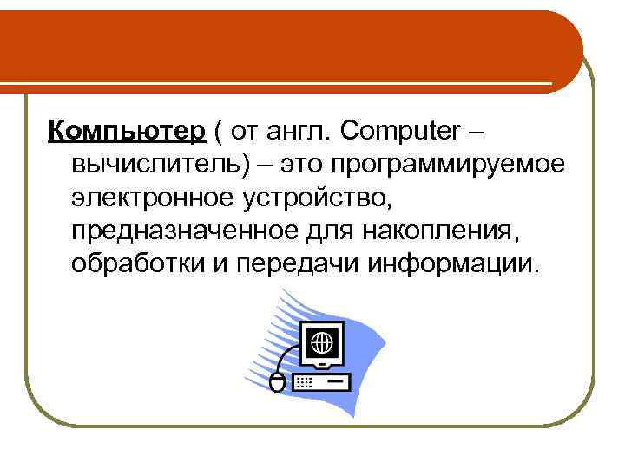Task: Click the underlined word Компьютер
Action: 127,132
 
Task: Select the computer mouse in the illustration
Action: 278,381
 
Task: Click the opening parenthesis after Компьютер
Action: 220,132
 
